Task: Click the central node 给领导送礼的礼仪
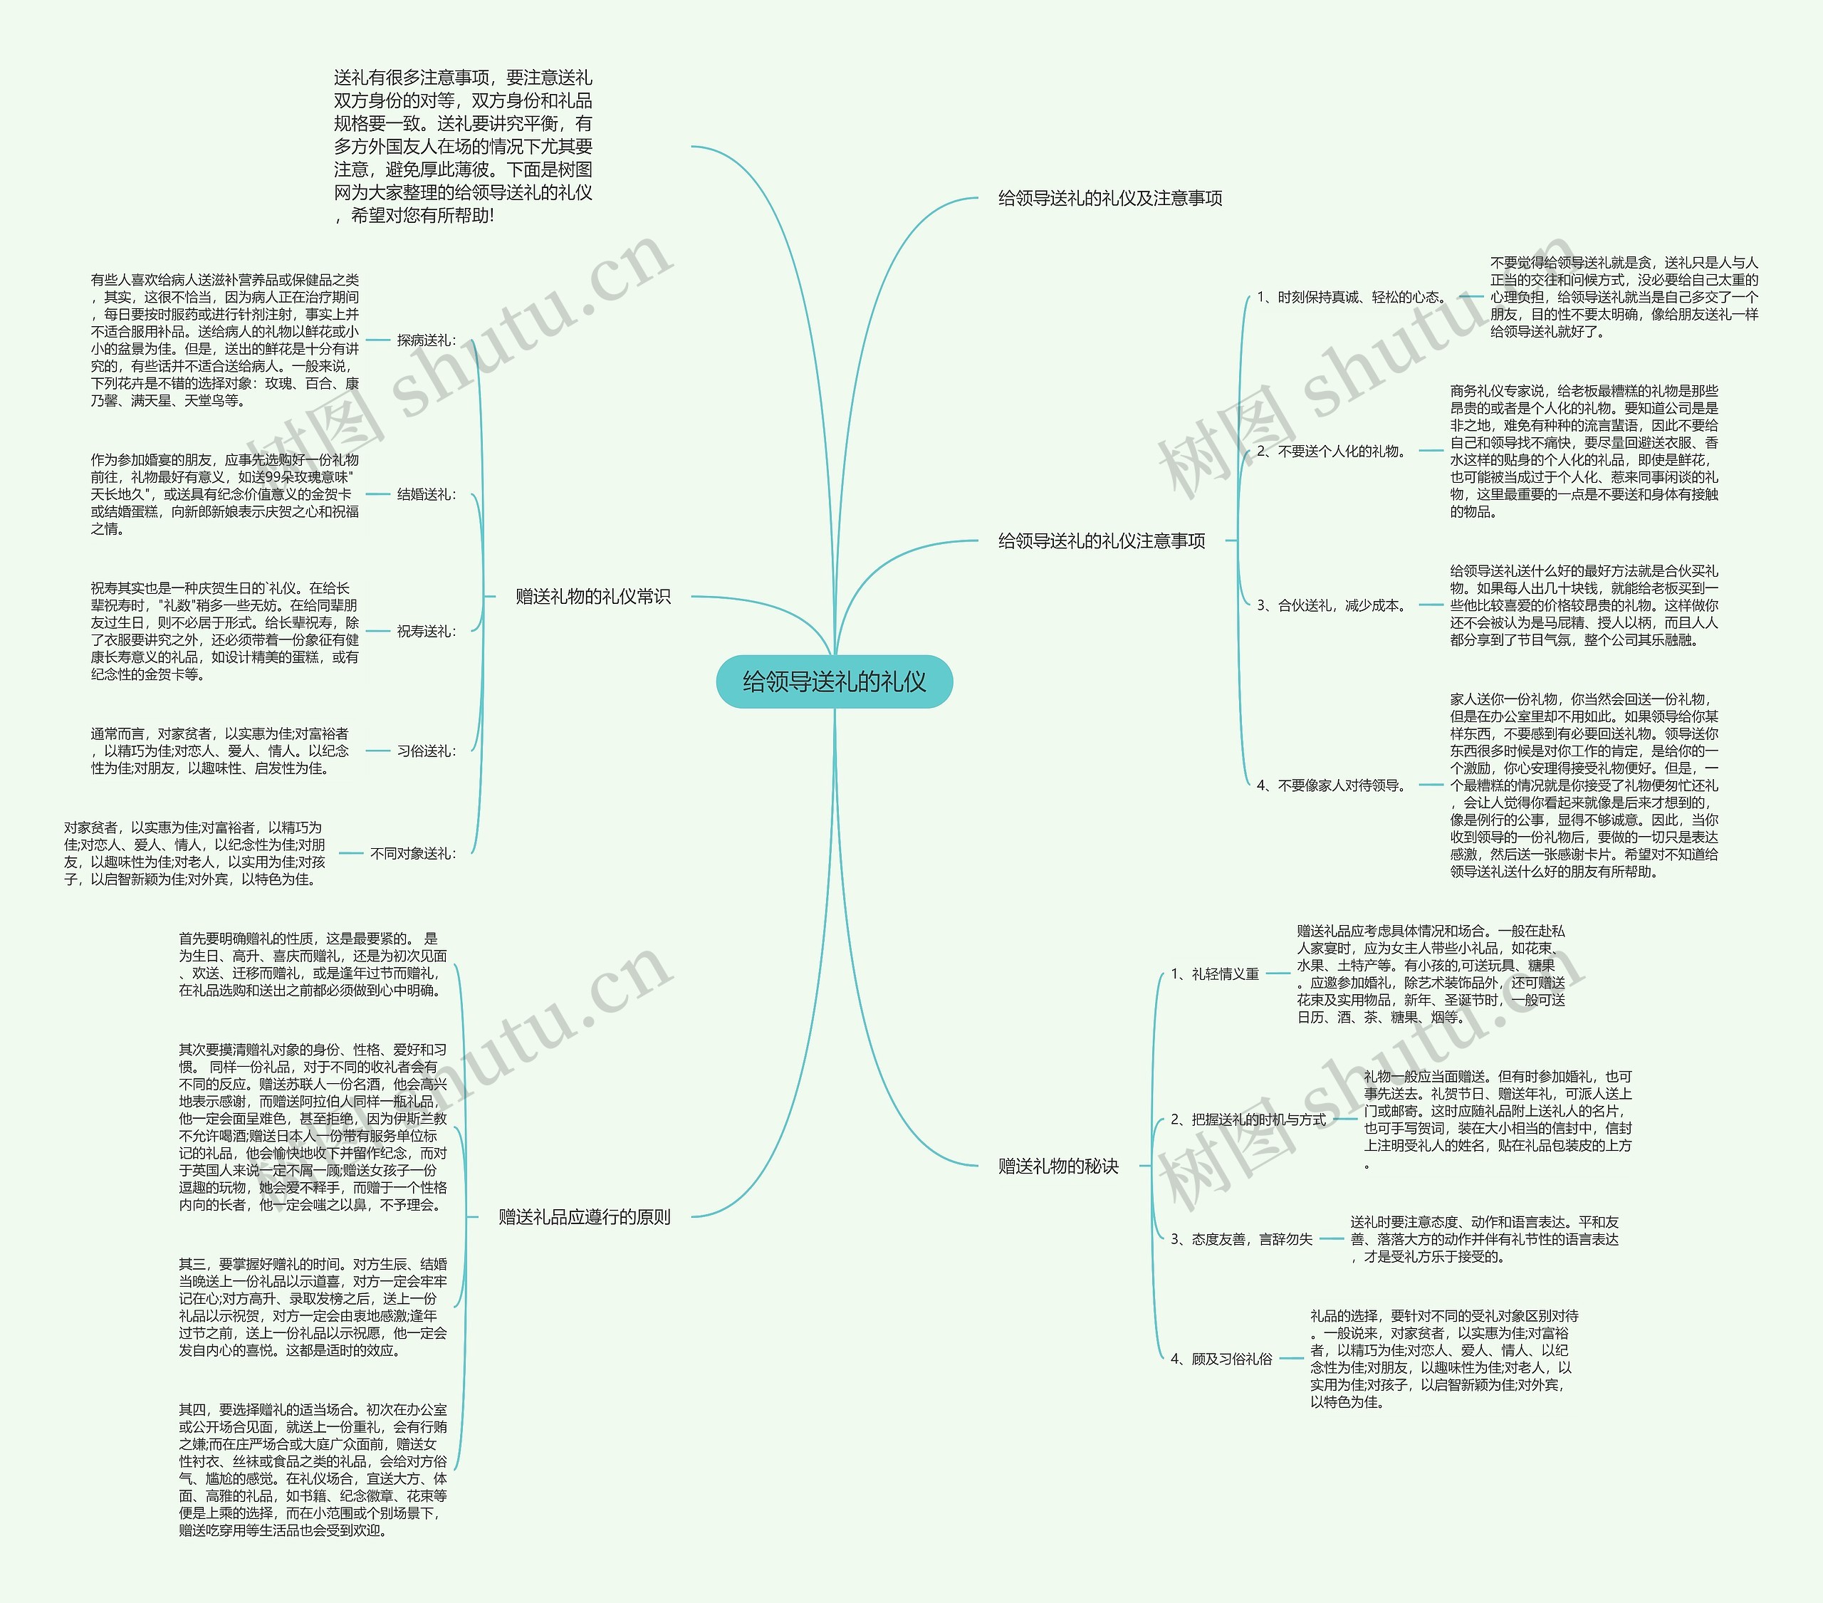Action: point(834,682)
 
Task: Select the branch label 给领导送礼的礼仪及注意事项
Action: point(1109,198)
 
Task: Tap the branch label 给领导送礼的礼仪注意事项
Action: point(1102,541)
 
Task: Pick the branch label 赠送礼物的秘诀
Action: point(1057,1166)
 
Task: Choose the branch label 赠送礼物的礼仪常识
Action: point(593,597)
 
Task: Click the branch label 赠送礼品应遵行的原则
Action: point(584,1217)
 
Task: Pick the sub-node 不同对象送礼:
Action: point(413,854)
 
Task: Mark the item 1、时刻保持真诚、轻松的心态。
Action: point(1351,297)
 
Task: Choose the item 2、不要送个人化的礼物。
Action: point(1332,451)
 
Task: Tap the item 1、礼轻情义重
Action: point(1215,974)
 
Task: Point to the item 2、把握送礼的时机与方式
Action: point(1248,1119)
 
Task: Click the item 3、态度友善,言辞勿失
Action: point(1241,1239)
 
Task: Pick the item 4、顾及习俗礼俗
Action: point(1221,1359)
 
